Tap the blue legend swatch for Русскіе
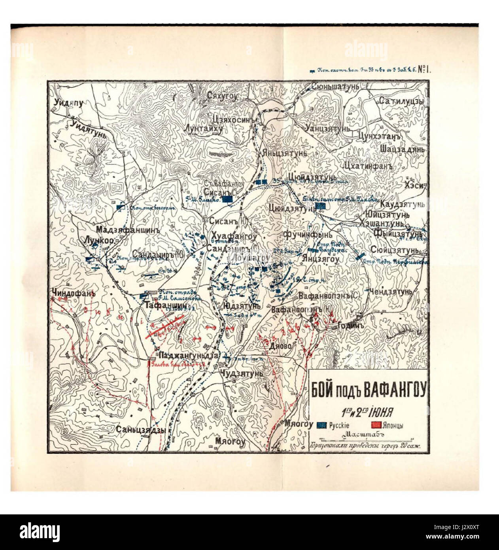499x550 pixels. (321, 425)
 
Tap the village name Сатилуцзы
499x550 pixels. (401, 102)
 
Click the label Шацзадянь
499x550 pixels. (402, 150)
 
